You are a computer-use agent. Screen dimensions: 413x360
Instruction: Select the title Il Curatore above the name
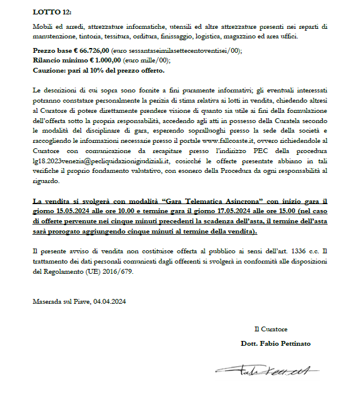point(271,328)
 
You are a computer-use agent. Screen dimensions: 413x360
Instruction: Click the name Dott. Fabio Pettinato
point(275,343)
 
